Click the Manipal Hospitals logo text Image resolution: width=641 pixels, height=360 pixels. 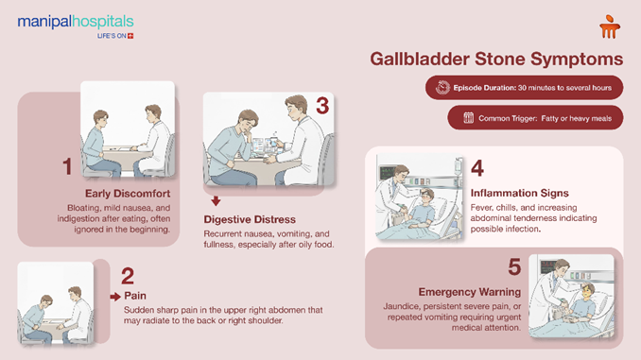coord(76,21)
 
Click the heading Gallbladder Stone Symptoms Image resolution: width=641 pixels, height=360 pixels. coord(496,59)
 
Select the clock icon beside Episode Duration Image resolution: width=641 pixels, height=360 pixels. coord(442,88)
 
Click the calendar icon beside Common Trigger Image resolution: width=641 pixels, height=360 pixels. coord(467,118)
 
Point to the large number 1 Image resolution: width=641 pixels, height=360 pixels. coord(67,167)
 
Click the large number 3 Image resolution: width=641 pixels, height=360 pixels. coord(321,107)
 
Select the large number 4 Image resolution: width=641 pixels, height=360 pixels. coord(477,167)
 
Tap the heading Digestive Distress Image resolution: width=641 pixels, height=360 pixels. coord(251,219)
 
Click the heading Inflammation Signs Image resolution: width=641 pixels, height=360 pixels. coord(518,194)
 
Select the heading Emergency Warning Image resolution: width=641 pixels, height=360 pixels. coord(469,291)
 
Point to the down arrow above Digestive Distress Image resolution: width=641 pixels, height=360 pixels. coord(216,200)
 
